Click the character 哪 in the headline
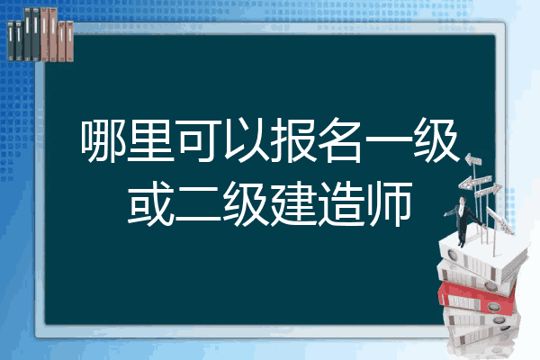(103, 140)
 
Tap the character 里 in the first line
(150, 140)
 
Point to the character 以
(246, 140)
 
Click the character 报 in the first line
(293, 140)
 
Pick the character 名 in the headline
(340, 140)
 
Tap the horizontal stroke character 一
(388, 140)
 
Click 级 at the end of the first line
(436, 140)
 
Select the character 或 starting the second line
(150, 203)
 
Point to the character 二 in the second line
(198, 204)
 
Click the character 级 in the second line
(246, 203)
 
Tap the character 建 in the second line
(293, 203)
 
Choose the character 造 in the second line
(341, 203)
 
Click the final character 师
(389, 203)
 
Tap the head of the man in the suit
(463, 201)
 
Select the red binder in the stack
(477, 297)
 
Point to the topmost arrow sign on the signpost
(473, 160)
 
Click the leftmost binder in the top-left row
(11, 40)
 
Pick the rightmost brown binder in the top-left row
(69, 41)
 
